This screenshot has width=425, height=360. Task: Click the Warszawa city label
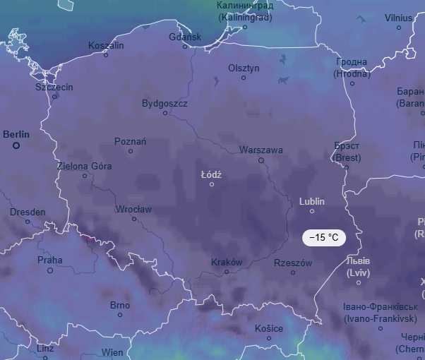coord(261,150)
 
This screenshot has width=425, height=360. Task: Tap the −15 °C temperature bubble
coord(324,238)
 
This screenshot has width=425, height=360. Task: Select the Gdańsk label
coord(185,37)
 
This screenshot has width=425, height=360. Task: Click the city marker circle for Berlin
coord(16,145)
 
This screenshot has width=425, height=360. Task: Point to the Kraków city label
coord(227,262)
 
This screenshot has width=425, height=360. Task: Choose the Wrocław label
coord(134,209)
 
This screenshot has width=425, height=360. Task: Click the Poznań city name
coord(131,141)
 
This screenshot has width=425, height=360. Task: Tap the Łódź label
coord(211,174)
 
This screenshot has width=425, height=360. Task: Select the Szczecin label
coord(54,87)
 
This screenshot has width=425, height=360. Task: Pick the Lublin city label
coord(311,201)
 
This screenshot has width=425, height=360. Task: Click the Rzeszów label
coord(293,263)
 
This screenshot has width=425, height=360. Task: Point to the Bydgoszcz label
coord(164,103)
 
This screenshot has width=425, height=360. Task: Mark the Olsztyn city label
coord(244,68)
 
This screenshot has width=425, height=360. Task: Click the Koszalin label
coord(106,45)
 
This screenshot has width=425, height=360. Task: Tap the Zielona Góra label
coord(84,166)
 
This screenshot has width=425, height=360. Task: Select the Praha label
coord(49,260)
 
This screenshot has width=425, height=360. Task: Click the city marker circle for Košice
coord(269,338)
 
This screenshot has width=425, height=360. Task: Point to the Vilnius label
coord(398,18)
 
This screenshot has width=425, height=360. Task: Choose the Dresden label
coord(28,212)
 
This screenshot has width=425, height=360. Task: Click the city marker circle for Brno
coord(120,315)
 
